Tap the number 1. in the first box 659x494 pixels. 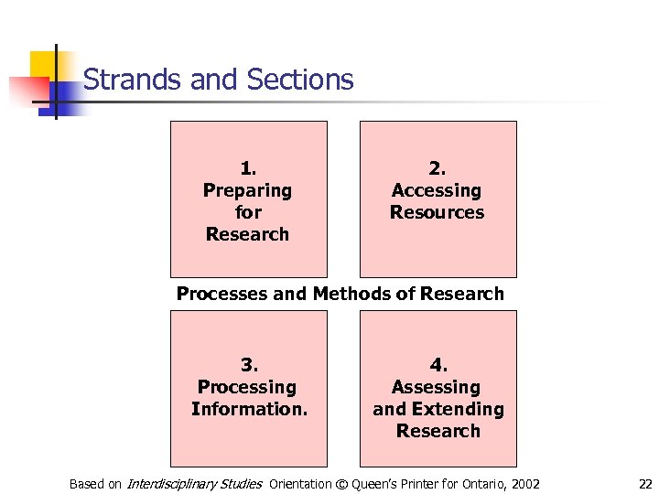pyautogui.click(x=248, y=168)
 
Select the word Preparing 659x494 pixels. pyautogui.click(x=247, y=190)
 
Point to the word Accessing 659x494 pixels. pyautogui.click(x=437, y=190)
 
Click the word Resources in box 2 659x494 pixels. pyautogui.click(x=437, y=212)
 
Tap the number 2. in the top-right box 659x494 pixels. pyautogui.click(x=438, y=168)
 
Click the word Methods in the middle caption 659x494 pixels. pyautogui.click(x=352, y=294)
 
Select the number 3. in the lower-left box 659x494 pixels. pyautogui.click(x=248, y=365)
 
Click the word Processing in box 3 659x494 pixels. pyautogui.click(x=247, y=387)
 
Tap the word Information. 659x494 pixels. pyautogui.click(x=249, y=409)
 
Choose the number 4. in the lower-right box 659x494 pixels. pyautogui.click(x=438, y=365)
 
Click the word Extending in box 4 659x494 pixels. pyautogui.click(x=455, y=409)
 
